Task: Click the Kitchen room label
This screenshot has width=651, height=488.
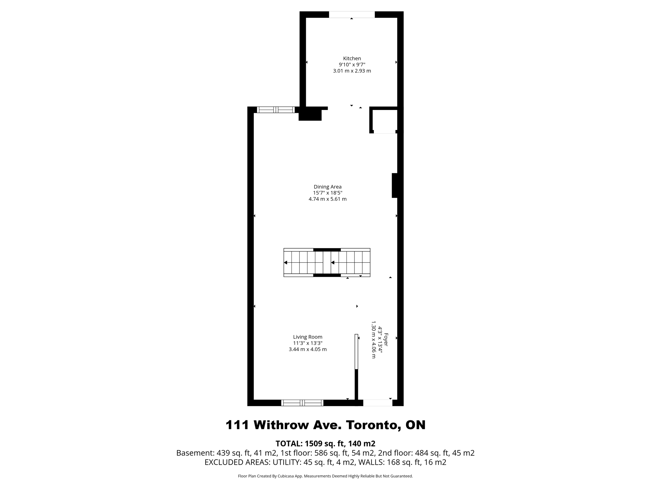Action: tap(352, 58)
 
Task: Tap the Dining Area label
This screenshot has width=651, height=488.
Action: tap(327, 187)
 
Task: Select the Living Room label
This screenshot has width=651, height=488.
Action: tap(307, 337)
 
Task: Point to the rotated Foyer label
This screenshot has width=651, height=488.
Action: tap(386, 340)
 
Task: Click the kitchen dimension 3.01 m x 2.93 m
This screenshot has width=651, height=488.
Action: tap(352, 71)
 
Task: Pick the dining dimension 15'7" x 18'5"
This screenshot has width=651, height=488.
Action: tap(327, 193)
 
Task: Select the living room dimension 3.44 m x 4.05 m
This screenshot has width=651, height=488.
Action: tap(307, 349)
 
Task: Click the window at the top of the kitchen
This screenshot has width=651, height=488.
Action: tap(352, 15)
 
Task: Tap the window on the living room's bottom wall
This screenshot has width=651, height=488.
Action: tap(302, 403)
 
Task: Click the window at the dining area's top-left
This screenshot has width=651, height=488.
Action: tap(276, 110)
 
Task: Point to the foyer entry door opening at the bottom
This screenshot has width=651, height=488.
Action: tap(378, 403)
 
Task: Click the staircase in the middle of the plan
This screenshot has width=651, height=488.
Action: tap(327, 262)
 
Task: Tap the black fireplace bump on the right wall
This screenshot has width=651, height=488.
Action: tap(395, 185)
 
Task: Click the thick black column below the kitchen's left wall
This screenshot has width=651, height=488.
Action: tap(310, 114)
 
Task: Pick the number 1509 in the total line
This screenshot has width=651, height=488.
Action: tap(313, 444)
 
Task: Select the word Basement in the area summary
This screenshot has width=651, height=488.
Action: tap(195, 453)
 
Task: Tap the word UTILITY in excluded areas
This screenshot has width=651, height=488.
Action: tap(286, 462)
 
